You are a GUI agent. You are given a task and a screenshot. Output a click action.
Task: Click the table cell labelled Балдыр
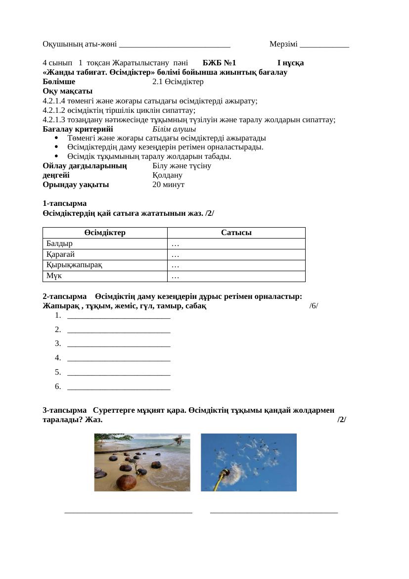(104, 243)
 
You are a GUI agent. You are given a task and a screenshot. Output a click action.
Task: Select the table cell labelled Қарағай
(104, 254)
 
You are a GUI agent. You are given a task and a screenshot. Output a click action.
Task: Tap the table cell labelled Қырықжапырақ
(104, 265)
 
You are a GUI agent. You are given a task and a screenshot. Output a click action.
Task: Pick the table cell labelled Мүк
(104, 276)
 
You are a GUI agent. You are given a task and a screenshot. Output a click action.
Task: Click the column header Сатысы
(236, 233)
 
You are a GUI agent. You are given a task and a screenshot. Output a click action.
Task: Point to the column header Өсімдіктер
(104, 233)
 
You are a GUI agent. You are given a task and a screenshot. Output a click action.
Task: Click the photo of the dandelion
(248, 462)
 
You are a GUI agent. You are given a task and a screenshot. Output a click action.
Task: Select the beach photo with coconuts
(142, 462)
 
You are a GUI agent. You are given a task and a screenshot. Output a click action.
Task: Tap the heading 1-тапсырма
(65, 203)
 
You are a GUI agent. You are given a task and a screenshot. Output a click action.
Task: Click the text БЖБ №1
(219, 63)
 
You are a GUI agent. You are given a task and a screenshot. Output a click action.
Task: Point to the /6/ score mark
(314, 306)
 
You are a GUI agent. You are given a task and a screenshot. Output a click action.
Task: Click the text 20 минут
(168, 185)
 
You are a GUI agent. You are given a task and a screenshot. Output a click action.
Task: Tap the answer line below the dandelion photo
(274, 512)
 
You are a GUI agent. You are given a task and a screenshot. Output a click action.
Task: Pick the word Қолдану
(168, 175)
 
